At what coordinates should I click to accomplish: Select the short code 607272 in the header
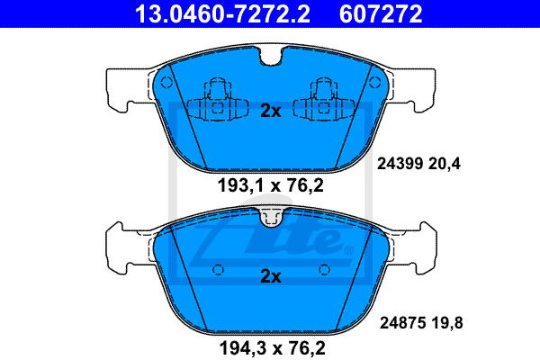[380, 13]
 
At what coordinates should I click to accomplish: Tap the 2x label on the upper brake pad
[270, 112]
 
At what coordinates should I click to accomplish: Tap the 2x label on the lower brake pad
[270, 276]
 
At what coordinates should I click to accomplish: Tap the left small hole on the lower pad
[218, 268]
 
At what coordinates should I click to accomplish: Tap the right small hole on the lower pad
[322, 268]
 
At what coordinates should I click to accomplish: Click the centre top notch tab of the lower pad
[270, 216]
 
